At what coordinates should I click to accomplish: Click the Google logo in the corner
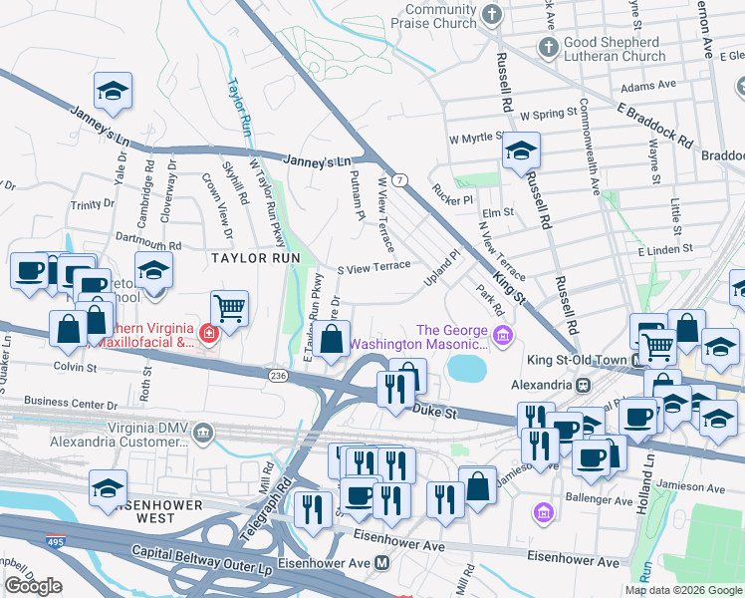coord(33,586)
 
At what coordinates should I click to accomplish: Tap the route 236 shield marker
coord(278,375)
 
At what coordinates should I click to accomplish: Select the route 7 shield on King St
coord(397,179)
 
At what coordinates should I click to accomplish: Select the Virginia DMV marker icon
coord(203,432)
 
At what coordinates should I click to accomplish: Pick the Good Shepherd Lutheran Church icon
coord(547,46)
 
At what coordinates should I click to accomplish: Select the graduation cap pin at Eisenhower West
coord(108,487)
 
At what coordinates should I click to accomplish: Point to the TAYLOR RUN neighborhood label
coord(254,257)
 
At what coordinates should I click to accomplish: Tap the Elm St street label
coord(496,212)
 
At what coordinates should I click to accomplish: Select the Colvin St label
coord(75,367)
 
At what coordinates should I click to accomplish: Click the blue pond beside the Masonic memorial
coord(465,369)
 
